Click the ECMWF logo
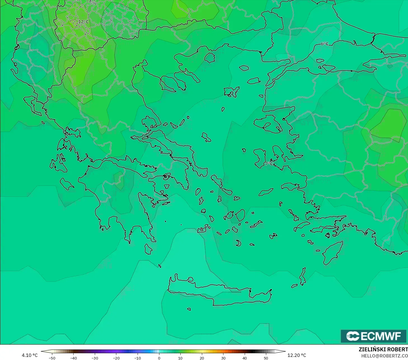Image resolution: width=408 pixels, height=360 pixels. (373, 336)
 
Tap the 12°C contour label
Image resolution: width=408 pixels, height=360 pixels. (83, 22)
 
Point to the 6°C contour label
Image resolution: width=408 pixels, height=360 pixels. (324, 44)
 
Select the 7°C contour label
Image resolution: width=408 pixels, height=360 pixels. (269, 164)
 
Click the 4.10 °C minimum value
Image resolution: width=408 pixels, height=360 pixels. (30, 355)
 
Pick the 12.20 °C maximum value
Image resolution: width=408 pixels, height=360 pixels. (297, 355)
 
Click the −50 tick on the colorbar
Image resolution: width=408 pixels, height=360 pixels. (52, 358)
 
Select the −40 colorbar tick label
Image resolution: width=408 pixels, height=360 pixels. (73, 358)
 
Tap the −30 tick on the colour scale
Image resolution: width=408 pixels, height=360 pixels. (95, 358)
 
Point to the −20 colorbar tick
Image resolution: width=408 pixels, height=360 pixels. (116, 358)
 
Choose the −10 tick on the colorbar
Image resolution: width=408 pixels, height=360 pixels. (138, 358)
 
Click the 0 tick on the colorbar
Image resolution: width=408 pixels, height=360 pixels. (159, 358)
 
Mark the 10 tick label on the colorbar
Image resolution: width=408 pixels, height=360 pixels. (180, 358)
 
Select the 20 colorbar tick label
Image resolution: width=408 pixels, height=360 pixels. (202, 358)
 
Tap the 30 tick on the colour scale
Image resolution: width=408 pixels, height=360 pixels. (223, 358)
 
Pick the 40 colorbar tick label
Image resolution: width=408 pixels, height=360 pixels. (244, 358)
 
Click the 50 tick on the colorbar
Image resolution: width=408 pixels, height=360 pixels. (266, 358)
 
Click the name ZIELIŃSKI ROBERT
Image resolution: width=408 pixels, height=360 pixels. (383, 349)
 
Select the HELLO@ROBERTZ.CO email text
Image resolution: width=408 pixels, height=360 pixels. (384, 356)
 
